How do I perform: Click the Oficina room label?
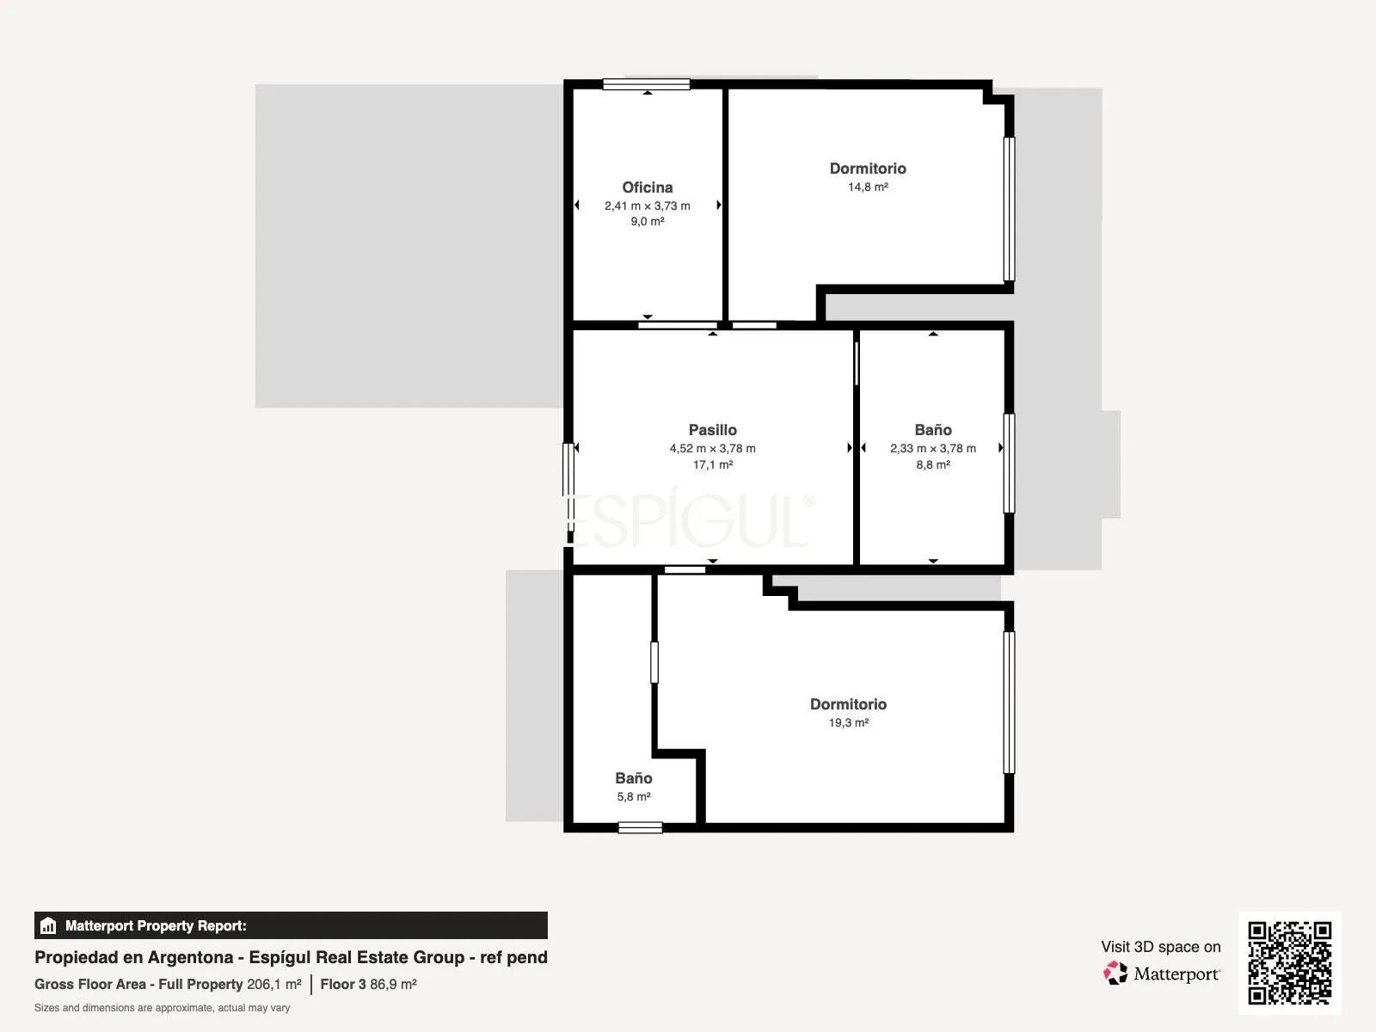(647, 187)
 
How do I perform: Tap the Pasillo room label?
(712, 430)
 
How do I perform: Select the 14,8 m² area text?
(868, 187)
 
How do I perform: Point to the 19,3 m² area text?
(848, 722)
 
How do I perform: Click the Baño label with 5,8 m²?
(633, 778)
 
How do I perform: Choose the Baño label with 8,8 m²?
(933, 430)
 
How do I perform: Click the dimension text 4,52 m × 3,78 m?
(712, 449)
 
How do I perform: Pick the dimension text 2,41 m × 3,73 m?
(647, 206)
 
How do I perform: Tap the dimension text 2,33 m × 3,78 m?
(933, 449)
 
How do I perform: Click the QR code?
(1289, 962)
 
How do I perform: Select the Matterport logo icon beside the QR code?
(1115, 974)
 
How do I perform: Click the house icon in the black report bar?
(48, 925)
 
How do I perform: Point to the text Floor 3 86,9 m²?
(368, 985)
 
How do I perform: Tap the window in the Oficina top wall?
(647, 84)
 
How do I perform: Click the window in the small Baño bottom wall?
(640, 827)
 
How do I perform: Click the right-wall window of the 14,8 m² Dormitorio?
(1010, 209)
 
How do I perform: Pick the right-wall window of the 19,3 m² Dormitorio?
(1010, 703)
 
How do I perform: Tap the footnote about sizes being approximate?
(162, 1008)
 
